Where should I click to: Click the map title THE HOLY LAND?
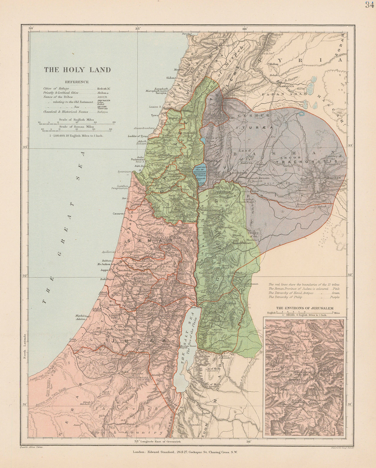(77, 70)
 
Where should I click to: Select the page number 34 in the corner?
(370, 4)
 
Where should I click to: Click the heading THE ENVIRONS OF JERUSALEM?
(305, 308)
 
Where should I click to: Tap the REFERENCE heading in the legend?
(77, 82)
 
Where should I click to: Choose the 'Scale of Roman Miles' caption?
(77, 127)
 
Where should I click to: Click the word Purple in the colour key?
(335, 297)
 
